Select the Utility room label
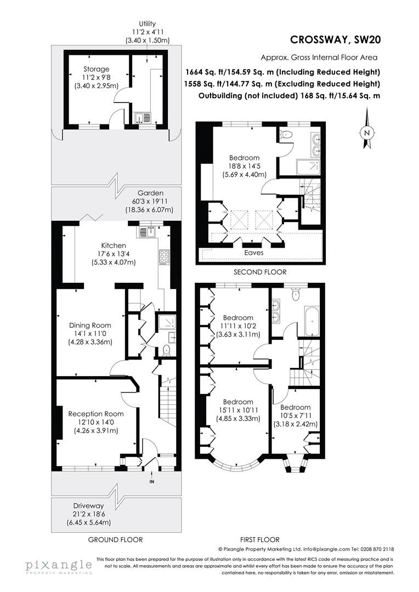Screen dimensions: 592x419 [x=147, y=24]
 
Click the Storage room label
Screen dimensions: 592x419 [x=97, y=69]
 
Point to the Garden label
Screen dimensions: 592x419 [x=150, y=193]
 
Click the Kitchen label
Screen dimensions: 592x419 [x=114, y=245]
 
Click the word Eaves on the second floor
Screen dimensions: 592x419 [x=254, y=253]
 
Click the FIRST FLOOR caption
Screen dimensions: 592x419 [x=260, y=539]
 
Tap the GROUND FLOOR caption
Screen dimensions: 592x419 [x=116, y=539]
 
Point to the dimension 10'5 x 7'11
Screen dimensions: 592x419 [x=296, y=415]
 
